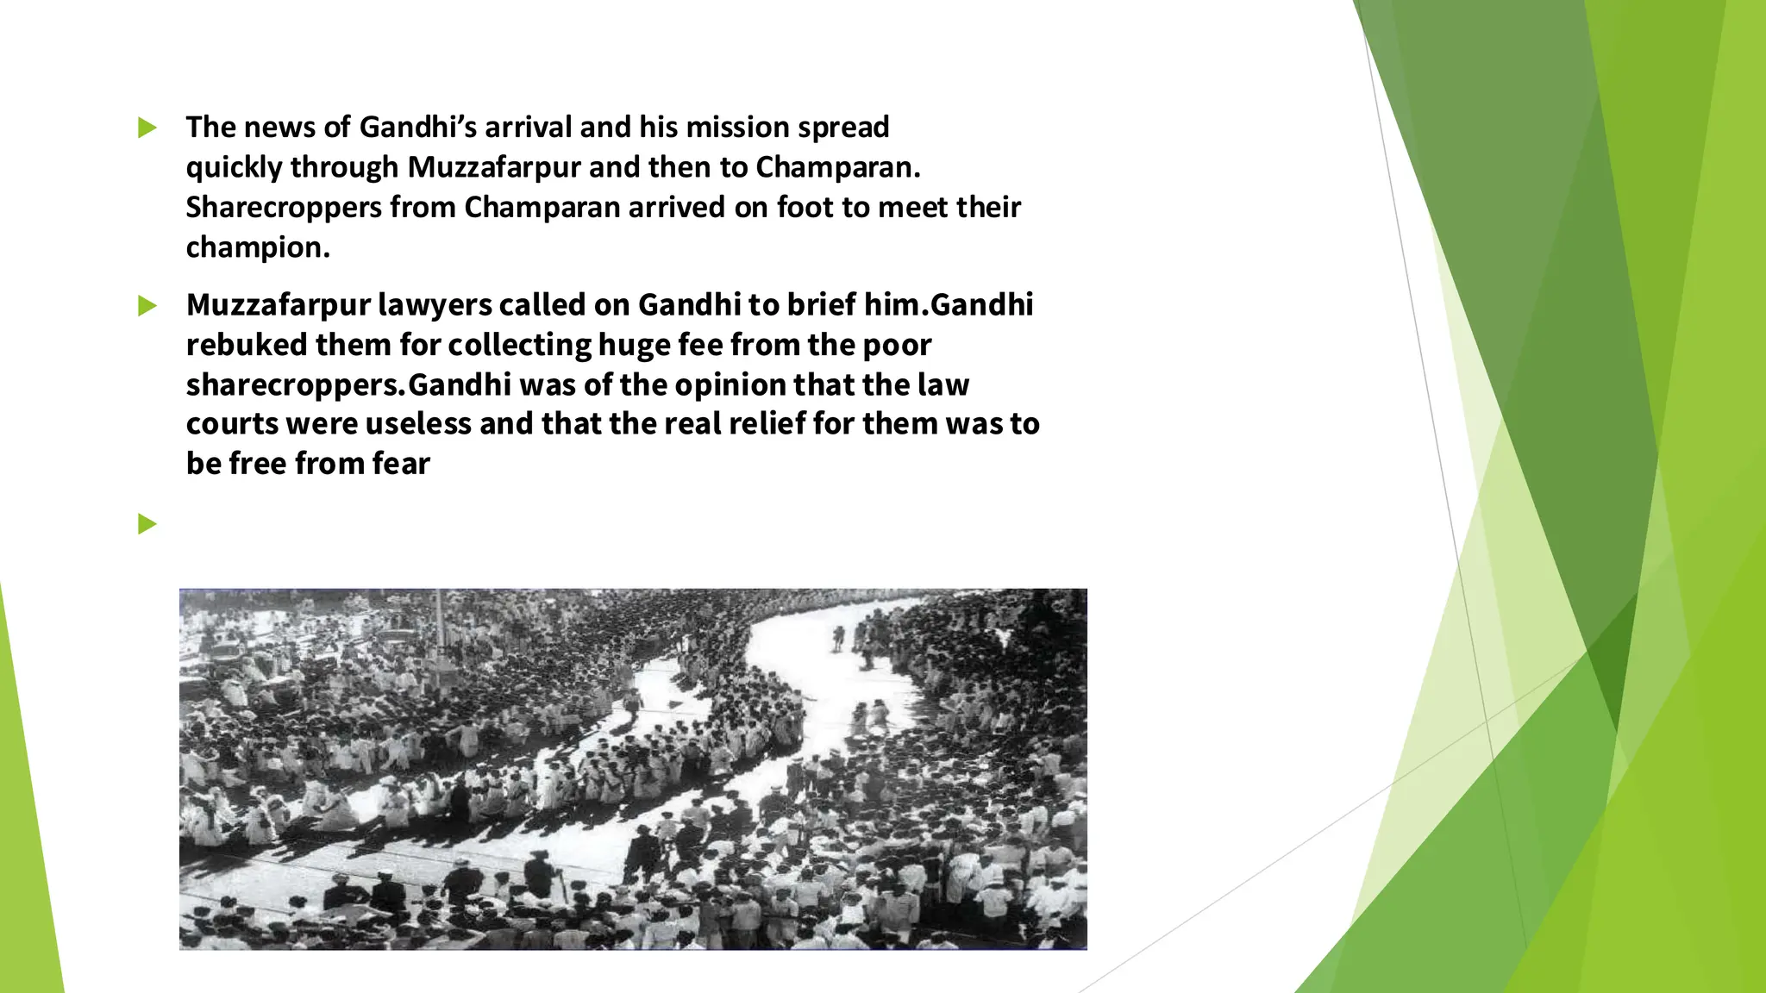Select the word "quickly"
pyautogui.click(x=234, y=167)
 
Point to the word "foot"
pyautogui.click(x=806, y=207)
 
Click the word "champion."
pyautogui.click(x=258, y=247)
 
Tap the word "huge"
pyautogui.click(x=634, y=345)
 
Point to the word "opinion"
pyautogui.click(x=730, y=384)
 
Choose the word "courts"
pyautogui.click(x=231, y=424)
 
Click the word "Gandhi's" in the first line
pyautogui.click(x=417, y=127)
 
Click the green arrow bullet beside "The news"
pyautogui.click(x=147, y=128)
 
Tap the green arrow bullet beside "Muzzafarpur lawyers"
pyautogui.click(x=147, y=306)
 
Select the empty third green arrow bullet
pyautogui.click(x=147, y=523)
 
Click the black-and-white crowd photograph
pyautogui.click(x=633, y=769)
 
